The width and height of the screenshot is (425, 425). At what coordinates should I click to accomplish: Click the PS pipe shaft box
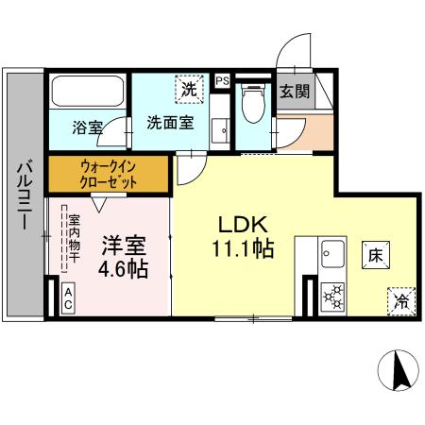coord(222,81)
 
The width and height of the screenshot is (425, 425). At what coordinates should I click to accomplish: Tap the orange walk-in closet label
coord(109,174)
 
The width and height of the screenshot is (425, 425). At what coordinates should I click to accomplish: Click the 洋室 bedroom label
coord(123,246)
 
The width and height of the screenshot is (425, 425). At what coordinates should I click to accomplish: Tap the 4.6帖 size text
coord(123,269)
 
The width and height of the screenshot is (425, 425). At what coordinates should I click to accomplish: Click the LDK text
coord(245,226)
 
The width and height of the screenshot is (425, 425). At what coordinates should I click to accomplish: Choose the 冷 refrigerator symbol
coord(399,302)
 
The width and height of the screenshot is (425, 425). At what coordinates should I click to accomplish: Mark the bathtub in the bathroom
coord(87,92)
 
